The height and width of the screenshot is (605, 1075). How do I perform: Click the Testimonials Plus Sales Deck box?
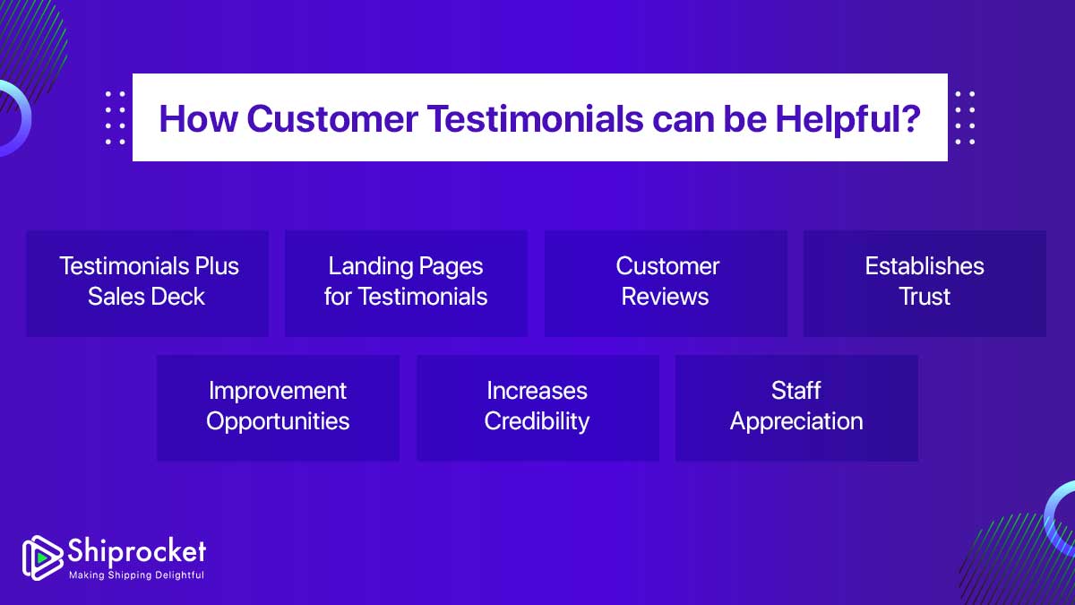point(148,283)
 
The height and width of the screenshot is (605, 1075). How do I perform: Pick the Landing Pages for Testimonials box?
point(406,283)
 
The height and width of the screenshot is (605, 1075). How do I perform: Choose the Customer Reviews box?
point(666,283)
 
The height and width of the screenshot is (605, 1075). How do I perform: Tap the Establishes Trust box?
point(924,283)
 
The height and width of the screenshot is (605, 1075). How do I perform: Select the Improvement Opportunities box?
point(278,408)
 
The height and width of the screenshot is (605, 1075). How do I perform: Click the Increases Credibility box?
point(537,408)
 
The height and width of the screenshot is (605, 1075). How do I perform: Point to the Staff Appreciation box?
point(796,408)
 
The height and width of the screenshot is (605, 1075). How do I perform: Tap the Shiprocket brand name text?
point(136,550)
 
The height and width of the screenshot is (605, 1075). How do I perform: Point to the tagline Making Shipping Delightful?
point(136,575)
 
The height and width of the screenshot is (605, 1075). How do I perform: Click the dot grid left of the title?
point(116,117)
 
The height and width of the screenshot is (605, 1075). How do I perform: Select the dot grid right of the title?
point(965,117)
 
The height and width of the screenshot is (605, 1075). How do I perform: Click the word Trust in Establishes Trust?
point(924,297)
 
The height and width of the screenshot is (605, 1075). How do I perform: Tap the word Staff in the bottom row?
point(796,391)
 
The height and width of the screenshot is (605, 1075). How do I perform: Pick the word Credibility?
point(537,421)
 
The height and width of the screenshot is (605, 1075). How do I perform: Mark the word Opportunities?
point(278,421)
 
